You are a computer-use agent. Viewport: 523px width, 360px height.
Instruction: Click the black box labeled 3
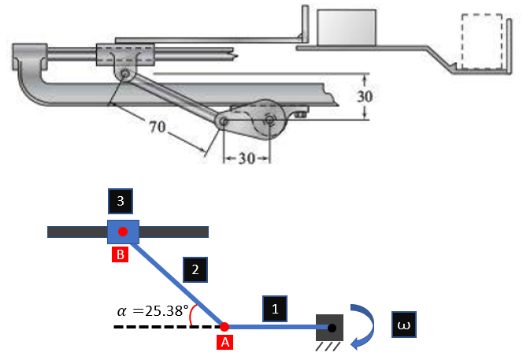(x=119, y=202)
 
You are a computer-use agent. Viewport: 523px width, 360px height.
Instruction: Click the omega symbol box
(x=402, y=325)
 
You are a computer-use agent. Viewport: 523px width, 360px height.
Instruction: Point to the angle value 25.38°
(x=161, y=310)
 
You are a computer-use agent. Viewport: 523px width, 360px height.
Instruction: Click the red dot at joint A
(x=224, y=326)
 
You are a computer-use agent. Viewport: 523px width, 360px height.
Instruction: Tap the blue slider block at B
(x=123, y=232)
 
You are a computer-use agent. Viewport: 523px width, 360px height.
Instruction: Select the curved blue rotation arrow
(x=368, y=325)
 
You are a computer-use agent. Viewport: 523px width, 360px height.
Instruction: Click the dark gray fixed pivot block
(x=332, y=326)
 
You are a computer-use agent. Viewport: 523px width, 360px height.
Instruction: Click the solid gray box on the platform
(x=345, y=28)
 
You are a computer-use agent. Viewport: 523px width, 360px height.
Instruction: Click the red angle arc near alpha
(x=193, y=315)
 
